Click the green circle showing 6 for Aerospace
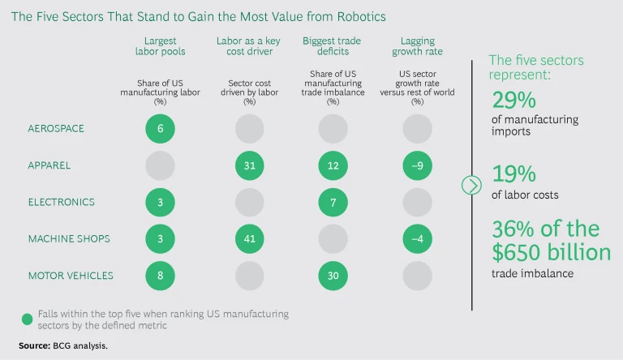tap(161, 128)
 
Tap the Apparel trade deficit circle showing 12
tap(333, 165)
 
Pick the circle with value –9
tap(418, 165)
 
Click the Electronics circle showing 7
tap(333, 202)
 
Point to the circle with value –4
tap(418, 238)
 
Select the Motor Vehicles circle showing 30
tap(333, 275)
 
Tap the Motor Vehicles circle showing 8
tap(161, 275)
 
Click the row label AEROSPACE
tap(56, 128)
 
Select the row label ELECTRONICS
tap(62, 202)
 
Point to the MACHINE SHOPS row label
tap(69, 238)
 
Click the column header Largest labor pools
tap(161, 46)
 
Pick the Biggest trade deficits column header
tap(333, 46)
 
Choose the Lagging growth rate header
tap(418, 46)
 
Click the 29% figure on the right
tap(513, 101)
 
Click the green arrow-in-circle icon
tap(471, 185)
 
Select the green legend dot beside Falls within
tap(28, 319)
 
